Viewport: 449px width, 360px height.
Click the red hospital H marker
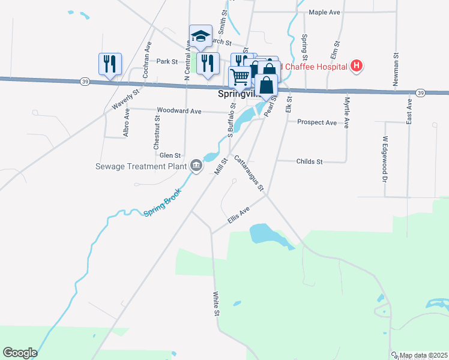357,65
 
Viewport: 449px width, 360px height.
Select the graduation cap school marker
201,35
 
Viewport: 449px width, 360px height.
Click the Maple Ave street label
324,12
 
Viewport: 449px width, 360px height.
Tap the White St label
216,305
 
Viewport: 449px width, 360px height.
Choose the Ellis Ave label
238,216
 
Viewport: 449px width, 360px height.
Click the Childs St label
310,162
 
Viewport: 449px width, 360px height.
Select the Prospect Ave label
318,122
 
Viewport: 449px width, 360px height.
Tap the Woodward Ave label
179,110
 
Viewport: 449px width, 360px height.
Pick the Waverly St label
126,99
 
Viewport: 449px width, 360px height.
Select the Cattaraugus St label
249,174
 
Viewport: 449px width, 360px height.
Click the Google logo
20,353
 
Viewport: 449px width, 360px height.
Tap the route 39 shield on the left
85,82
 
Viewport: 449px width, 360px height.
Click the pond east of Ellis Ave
264,233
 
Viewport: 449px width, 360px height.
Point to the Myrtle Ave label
347,112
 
